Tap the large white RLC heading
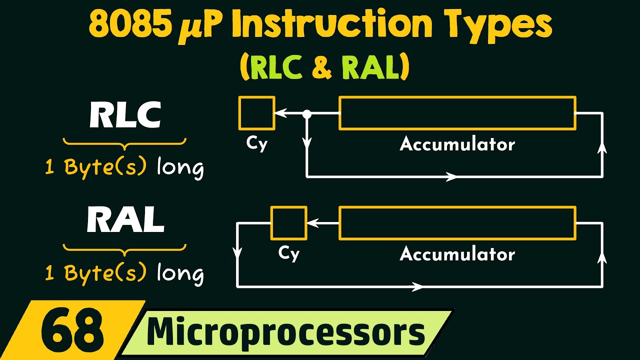[125, 115]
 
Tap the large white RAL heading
[125, 220]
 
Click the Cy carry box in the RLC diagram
[256, 113]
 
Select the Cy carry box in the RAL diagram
[288, 223]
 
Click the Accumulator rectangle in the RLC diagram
[457, 113]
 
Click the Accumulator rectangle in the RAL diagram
[457, 223]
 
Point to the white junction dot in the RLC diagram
[307, 114]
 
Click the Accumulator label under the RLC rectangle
[457, 144]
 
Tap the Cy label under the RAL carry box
[288, 253]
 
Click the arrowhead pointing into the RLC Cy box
[280, 114]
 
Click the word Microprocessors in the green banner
[285, 332]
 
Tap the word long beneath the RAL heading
[180, 273]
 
